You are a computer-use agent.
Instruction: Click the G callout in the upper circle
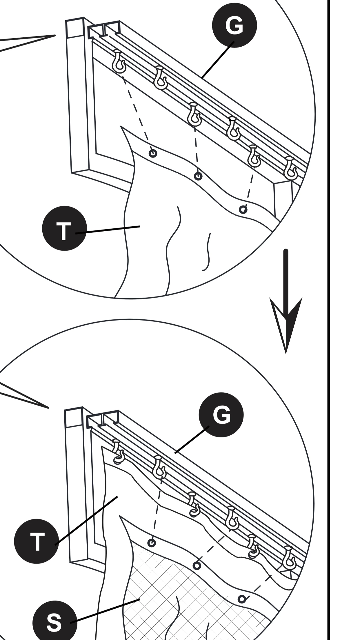coord(234,25)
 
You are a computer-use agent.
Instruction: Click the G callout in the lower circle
coord(221,414)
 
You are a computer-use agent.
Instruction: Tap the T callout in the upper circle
coord(64,228)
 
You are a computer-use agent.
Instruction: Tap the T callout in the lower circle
coord(37,541)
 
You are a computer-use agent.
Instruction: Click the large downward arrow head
coord(286,322)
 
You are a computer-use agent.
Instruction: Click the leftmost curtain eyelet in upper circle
coord(153,153)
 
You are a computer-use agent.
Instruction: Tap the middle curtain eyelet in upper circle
coord(198,176)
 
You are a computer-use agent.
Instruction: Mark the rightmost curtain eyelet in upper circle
coord(243,210)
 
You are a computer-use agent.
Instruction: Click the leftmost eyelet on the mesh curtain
coord(152,543)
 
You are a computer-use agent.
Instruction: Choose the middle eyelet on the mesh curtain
coord(197,566)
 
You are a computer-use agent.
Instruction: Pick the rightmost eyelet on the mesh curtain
coord(242,599)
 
